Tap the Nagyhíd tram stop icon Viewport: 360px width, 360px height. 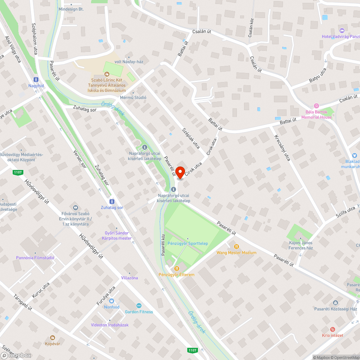(36, 80)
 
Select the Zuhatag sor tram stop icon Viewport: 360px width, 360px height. (112, 202)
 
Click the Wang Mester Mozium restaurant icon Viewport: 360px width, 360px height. (237, 247)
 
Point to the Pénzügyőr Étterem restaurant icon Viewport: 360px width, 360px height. (176, 269)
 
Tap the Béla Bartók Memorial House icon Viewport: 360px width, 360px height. (316, 105)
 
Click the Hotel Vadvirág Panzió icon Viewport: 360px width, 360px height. (342, 31)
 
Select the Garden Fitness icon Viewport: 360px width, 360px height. (139, 306)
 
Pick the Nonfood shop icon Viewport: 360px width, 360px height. (112, 301)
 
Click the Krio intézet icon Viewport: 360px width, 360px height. (333, 329)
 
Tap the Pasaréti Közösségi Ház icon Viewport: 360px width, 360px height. (336, 303)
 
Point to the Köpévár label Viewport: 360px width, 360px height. (53, 344)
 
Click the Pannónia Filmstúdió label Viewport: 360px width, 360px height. (35, 258)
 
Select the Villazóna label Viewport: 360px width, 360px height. (129, 278)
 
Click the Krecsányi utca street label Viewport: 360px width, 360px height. (282, 148)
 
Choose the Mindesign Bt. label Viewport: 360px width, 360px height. (71, 9)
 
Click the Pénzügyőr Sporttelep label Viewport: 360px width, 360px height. (188, 244)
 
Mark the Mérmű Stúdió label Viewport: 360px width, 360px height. (133, 98)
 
